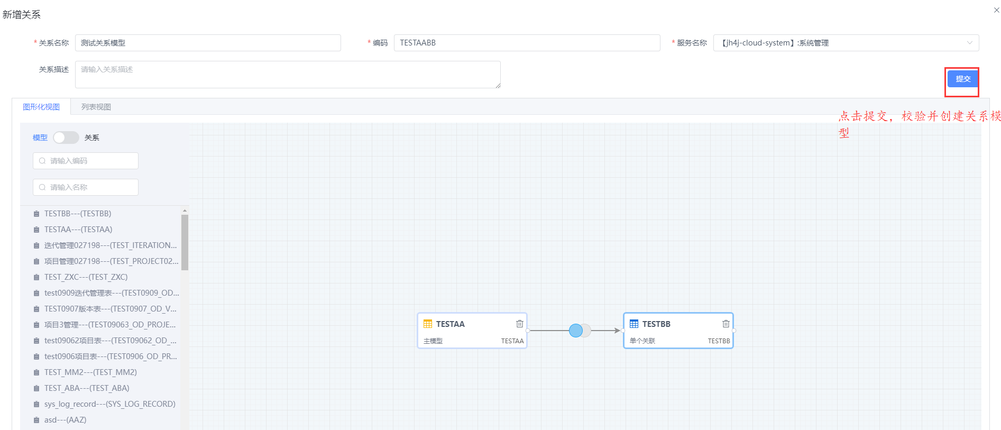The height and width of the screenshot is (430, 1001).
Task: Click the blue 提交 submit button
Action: [x=962, y=79]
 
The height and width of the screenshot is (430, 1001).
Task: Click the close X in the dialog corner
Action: [x=996, y=10]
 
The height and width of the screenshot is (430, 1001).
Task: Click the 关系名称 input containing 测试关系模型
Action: [x=208, y=43]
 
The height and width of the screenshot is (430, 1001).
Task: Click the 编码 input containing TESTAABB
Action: [x=527, y=43]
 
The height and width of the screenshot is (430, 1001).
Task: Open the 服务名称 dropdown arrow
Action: [x=970, y=43]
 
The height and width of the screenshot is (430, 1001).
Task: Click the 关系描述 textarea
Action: [x=288, y=75]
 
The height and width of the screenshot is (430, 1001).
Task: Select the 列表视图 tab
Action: [x=96, y=107]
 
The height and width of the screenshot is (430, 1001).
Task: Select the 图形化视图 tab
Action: [x=41, y=107]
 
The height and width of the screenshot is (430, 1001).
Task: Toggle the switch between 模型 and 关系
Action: [x=66, y=138]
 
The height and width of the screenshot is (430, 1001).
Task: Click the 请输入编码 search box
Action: [x=86, y=161]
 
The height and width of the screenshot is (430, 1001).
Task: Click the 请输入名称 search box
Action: [x=86, y=187]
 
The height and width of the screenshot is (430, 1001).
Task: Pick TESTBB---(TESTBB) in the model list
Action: [x=78, y=214]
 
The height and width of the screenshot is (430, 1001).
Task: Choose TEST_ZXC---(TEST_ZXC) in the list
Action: [x=86, y=277]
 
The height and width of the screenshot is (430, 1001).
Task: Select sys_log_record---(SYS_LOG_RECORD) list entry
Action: [x=110, y=404]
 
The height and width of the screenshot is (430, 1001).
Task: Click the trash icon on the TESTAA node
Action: [x=520, y=324]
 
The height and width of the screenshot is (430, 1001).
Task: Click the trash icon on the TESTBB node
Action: [x=726, y=324]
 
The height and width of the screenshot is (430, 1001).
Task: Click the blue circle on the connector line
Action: [x=576, y=331]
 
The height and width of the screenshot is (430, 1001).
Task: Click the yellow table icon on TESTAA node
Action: [x=428, y=324]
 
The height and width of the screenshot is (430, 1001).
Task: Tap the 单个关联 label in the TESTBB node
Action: [x=642, y=341]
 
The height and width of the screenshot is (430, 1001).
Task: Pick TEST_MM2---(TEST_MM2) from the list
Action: [x=90, y=372]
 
